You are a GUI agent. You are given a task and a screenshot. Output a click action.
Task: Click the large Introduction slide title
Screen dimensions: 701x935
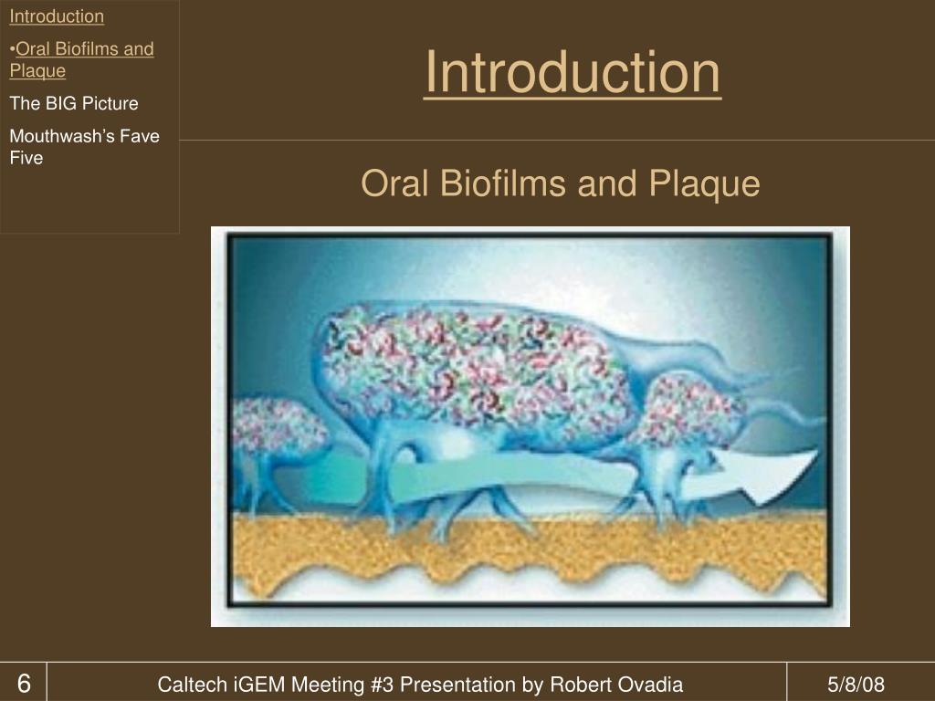pos(572,73)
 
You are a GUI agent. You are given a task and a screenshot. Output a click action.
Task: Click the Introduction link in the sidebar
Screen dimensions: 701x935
pos(57,16)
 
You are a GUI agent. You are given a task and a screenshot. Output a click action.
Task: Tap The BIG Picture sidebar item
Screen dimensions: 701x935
pos(74,103)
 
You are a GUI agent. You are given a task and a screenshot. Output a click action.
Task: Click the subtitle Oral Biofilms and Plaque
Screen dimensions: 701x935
pos(560,183)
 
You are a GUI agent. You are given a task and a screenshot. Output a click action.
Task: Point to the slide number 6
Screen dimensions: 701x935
pos(24,684)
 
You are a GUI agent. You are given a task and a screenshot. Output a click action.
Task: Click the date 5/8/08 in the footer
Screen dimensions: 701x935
pos(856,685)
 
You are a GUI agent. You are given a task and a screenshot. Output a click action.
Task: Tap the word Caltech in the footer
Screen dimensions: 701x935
pos(187,685)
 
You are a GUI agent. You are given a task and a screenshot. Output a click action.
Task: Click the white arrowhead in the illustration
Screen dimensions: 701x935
pos(776,475)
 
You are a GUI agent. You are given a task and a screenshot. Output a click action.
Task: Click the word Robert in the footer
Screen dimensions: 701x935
pos(578,685)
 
